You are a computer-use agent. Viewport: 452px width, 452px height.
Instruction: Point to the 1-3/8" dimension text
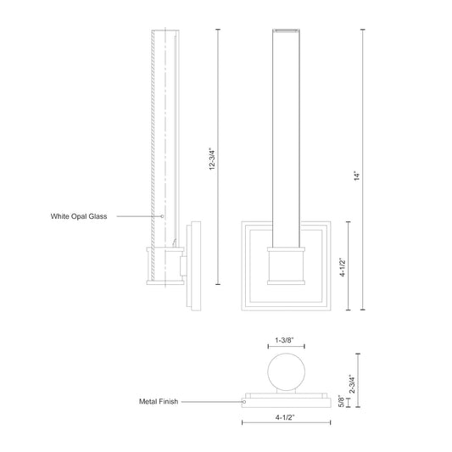pos(286,341)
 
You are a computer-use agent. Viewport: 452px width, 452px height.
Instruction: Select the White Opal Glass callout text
pos(80,217)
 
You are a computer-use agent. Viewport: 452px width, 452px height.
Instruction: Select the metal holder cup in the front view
pos(286,265)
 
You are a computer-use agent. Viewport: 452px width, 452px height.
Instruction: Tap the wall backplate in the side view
pos(195,263)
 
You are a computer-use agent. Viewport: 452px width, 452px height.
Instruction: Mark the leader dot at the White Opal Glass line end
pos(164,217)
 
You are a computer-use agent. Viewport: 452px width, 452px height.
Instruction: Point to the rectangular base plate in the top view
pos(286,397)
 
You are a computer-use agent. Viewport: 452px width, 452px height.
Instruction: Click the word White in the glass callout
pos(60,217)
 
